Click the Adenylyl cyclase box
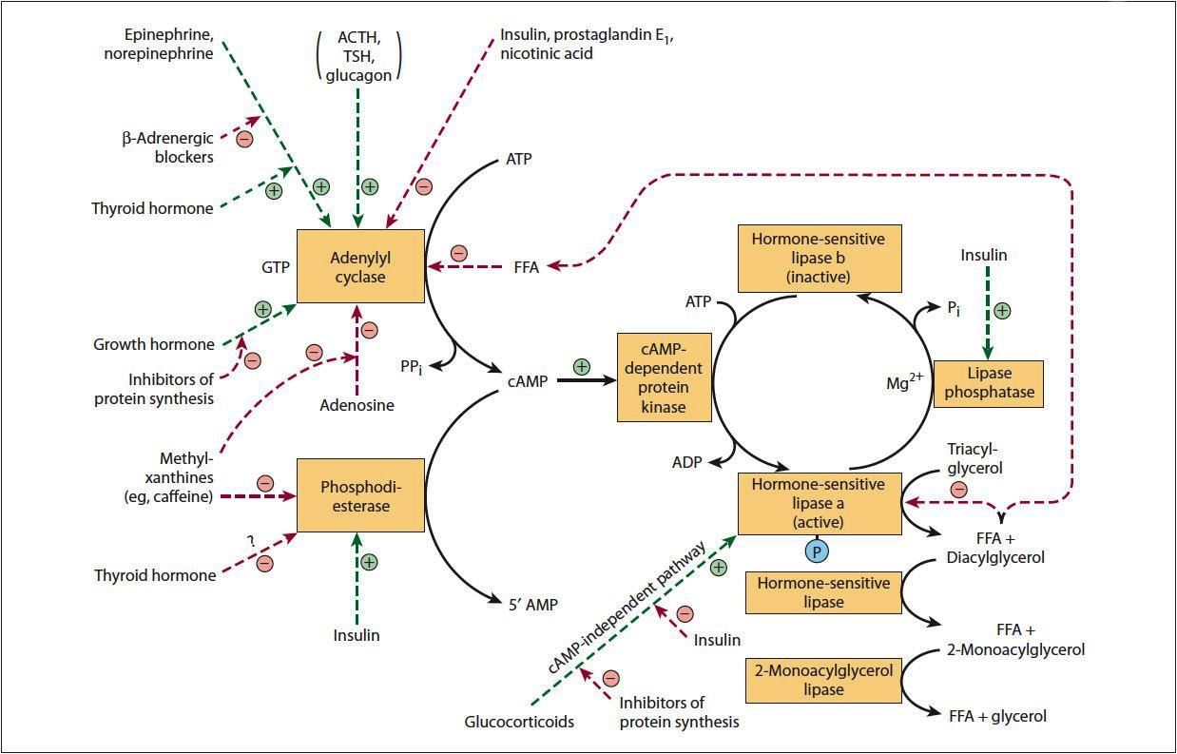[360, 266]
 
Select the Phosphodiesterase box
[360, 495]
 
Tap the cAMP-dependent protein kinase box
[665, 377]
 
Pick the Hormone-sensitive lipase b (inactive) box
[820, 258]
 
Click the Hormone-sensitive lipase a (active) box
[820, 503]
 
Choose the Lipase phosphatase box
[988, 383]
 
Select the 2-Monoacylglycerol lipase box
[823, 680]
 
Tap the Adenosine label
[357, 405]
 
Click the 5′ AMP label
[532, 604]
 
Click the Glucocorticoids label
[519, 722]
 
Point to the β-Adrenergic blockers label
[167, 147]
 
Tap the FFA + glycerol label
[998, 716]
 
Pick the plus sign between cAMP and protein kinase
[582, 366]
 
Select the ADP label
[686, 462]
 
